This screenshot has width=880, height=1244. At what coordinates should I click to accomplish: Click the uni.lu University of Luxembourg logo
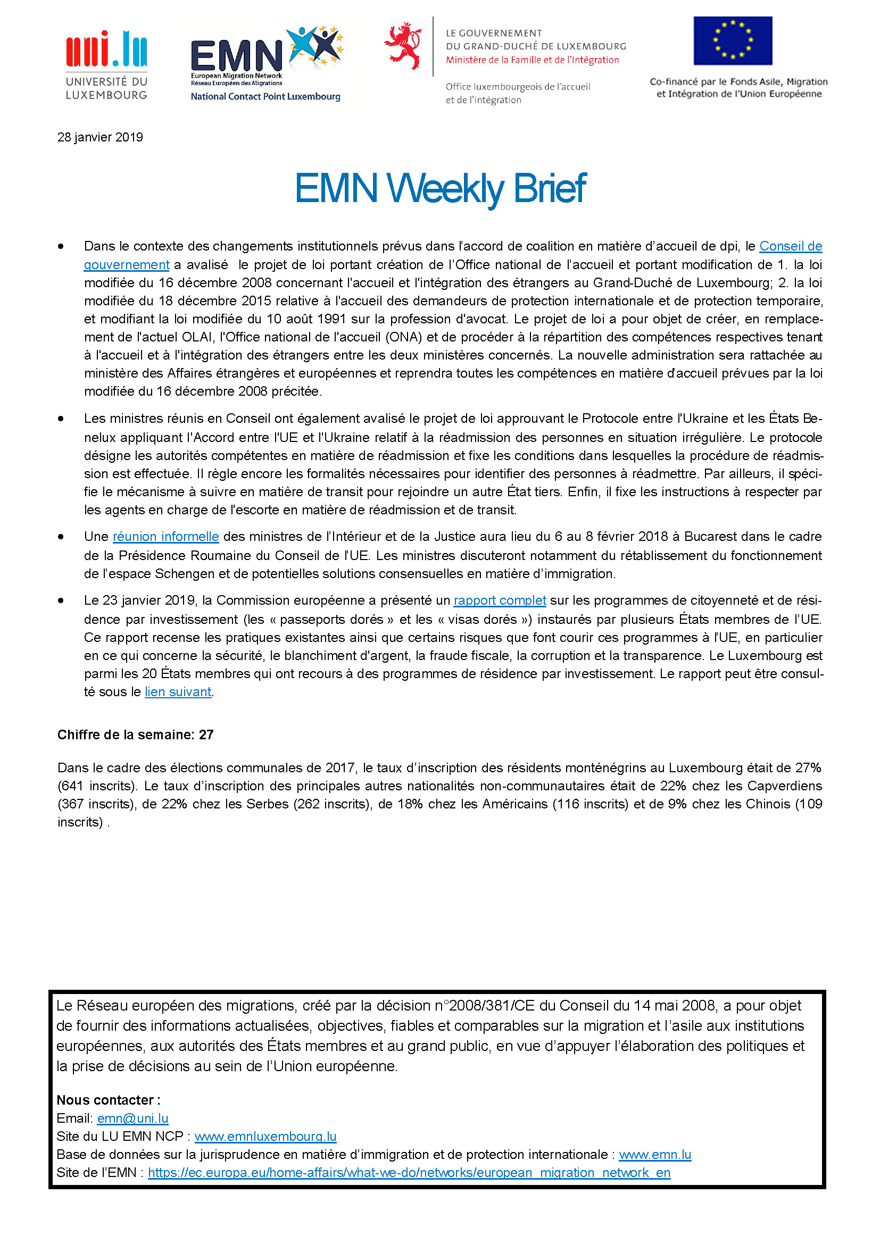(x=106, y=65)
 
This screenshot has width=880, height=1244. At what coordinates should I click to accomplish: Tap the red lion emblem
(x=403, y=46)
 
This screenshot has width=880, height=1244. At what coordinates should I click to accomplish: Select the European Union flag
(x=733, y=40)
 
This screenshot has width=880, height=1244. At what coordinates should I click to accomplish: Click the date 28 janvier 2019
(x=100, y=137)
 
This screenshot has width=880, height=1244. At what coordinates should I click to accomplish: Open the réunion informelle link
(x=166, y=537)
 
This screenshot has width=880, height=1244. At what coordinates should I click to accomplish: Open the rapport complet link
(x=500, y=600)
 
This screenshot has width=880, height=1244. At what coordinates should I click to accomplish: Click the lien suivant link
(x=178, y=692)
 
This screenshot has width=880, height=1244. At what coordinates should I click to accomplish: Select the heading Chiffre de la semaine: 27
(x=136, y=734)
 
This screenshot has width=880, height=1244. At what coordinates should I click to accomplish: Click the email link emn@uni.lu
(x=133, y=1118)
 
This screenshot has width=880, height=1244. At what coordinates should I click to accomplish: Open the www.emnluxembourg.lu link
(x=265, y=1136)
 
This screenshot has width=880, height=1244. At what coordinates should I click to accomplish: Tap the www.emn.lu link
(x=655, y=1155)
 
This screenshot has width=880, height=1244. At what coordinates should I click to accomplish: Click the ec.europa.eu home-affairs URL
(x=409, y=1173)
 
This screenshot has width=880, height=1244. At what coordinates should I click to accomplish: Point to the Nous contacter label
(x=109, y=1100)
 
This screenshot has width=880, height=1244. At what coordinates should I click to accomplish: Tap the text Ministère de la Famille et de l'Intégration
(x=532, y=60)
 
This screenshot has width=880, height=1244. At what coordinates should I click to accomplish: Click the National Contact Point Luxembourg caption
(x=265, y=96)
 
